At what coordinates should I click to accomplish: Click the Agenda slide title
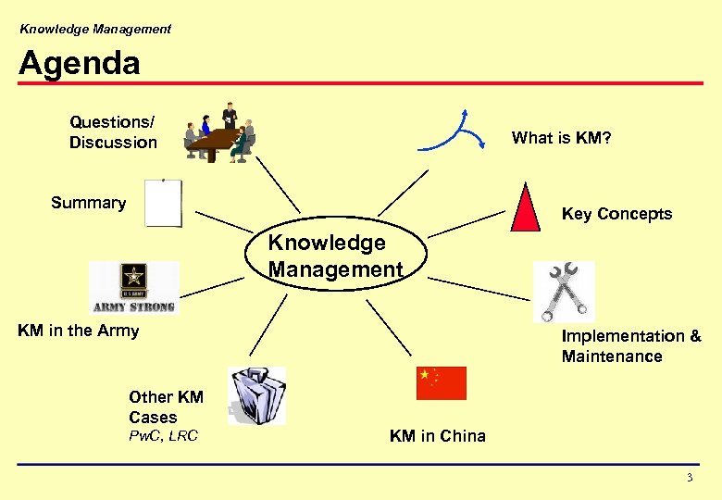(80, 63)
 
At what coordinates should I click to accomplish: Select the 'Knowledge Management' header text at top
(95, 29)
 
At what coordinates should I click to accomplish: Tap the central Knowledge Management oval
(335, 256)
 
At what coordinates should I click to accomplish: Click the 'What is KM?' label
(561, 138)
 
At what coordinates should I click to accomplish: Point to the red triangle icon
(525, 208)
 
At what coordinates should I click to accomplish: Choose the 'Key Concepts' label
(616, 214)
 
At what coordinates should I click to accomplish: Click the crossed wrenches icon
(563, 291)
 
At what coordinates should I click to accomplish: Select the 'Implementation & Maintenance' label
(631, 346)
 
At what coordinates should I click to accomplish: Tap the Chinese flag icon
(442, 382)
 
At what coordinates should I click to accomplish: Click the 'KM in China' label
(437, 436)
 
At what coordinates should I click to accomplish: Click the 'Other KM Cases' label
(166, 407)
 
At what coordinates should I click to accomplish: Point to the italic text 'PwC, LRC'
(164, 436)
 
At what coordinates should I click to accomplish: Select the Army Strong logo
(134, 287)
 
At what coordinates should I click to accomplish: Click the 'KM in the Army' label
(79, 331)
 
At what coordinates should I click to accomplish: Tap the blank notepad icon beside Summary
(164, 204)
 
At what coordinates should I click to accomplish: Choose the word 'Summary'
(89, 203)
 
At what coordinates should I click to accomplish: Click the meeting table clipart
(219, 136)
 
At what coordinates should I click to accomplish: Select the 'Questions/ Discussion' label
(113, 131)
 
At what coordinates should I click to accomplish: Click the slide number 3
(689, 478)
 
